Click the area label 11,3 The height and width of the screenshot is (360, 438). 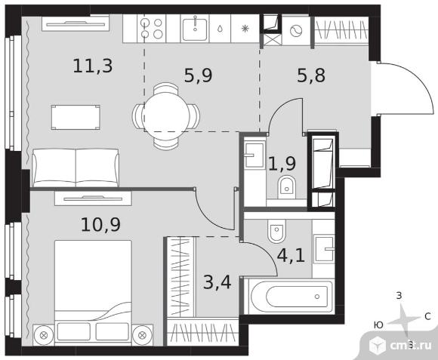pyautogui.click(x=93, y=66)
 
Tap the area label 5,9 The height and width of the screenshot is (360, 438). pyautogui.click(x=199, y=75)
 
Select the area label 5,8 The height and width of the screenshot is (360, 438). pyautogui.click(x=311, y=75)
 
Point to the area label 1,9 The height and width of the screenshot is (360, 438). pyautogui.click(x=282, y=163)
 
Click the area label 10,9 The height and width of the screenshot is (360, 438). pyautogui.click(x=100, y=225)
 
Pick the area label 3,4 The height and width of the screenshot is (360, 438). pyautogui.click(x=217, y=282)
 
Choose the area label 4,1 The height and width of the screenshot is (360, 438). pyautogui.click(x=291, y=255)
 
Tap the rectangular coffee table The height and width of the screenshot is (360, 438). pyautogui.click(x=76, y=117)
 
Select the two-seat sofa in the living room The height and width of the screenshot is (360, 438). pyautogui.click(x=76, y=168)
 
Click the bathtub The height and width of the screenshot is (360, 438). pyautogui.click(x=291, y=297)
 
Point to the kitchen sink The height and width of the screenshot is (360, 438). pyautogui.click(x=195, y=29)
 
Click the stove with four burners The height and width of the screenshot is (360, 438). pyautogui.click(x=151, y=29)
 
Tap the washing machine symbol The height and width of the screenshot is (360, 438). pyautogui.click(x=296, y=31)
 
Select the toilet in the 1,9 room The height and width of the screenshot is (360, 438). pyautogui.click(x=287, y=187)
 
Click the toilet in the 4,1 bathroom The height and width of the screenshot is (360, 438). pyautogui.click(x=276, y=230)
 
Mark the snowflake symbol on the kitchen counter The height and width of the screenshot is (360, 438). pyautogui.click(x=245, y=29)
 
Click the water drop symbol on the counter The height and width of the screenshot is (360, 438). pyautogui.click(x=220, y=29)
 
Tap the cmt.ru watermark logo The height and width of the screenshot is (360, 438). pyautogui.click(x=400, y=346)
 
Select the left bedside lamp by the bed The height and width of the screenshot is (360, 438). pyautogui.click(x=43, y=335)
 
